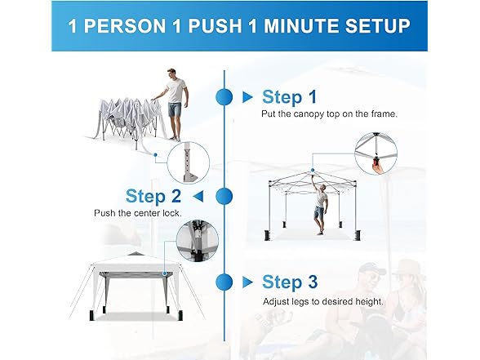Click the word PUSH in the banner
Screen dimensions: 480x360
pos(215,25)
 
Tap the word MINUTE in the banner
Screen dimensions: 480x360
pos(301,25)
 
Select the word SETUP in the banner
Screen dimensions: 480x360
pos(378,25)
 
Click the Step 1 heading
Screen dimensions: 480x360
pos(289,97)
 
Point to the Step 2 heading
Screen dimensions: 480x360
pos(153,196)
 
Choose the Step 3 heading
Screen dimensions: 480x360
pos(290,282)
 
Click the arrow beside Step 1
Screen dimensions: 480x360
pos(247,97)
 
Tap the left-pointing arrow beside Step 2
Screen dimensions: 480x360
pos(198,197)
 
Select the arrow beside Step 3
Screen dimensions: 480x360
pos(247,282)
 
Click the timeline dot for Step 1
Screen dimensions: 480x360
pos(224,97)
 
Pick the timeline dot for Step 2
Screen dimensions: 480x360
pos(224,196)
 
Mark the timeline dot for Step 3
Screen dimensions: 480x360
pos(224,282)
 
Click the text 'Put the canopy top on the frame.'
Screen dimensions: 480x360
pos(329,114)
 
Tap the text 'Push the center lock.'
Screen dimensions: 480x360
pos(138,213)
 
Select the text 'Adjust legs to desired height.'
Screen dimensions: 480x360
pos(323,302)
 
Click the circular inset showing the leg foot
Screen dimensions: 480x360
pos(189,163)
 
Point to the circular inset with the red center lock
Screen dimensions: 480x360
pos(376,153)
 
